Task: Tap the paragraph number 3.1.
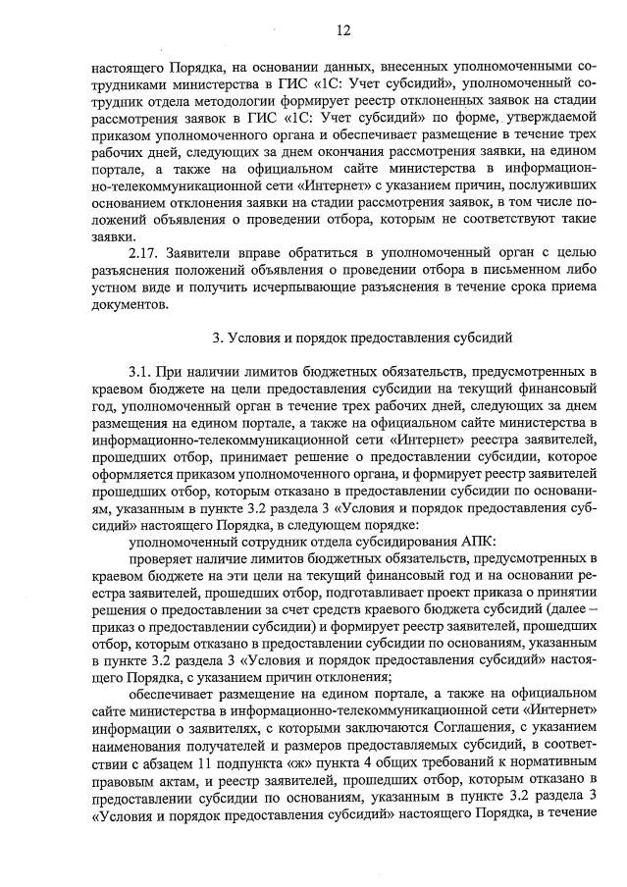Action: click(141, 373)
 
